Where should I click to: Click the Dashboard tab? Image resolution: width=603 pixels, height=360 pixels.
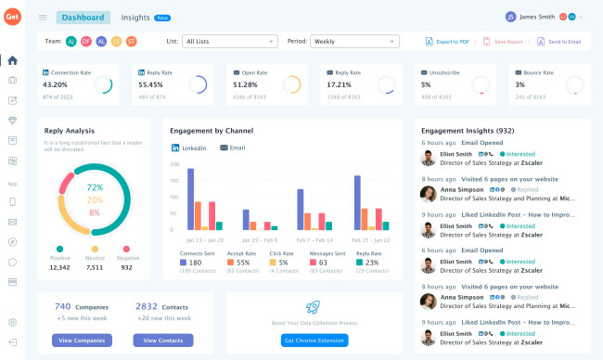pyautogui.click(x=83, y=17)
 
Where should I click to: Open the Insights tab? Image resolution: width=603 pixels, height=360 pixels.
pyautogui.click(x=135, y=17)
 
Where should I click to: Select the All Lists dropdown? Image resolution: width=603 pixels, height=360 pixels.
pyautogui.click(x=229, y=41)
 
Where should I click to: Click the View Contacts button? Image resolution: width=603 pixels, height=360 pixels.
pyautogui.click(x=163, y=341)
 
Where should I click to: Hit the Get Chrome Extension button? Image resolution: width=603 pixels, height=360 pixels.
pyautogui.click(x=314, y=341)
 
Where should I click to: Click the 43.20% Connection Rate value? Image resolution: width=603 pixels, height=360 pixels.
pyautogui.click(x=56, y=84)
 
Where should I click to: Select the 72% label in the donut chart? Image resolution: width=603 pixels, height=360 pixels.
pyautogui.click(x=95, y=187)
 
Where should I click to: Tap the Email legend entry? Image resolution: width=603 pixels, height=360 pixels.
pyautogui.click(x=237, y=148)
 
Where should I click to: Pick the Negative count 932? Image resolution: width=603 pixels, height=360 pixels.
pyautogui.click(x=126, y=267)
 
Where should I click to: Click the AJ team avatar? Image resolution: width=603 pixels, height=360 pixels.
pyautogui.click(x=71, y=41)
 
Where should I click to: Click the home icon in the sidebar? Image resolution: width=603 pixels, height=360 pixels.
pyautogui.click(x=12, y=60)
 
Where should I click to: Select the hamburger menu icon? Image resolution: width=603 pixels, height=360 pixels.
pyautogui.click(x=43, y=17)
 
